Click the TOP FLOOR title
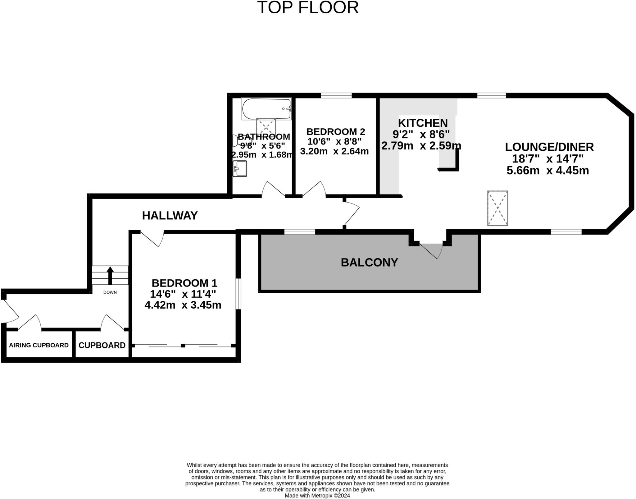point(308,8)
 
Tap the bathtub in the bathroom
point(266,109)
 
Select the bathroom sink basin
point(240,169)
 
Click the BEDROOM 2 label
point(335,132)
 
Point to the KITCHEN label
point(423,123)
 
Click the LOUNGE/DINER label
point(549,147)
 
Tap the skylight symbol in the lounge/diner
point(497,208)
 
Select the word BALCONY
point(369,263)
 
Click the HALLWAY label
point(170,215)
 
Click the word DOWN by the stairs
point(110,292)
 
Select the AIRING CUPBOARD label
point(39,345)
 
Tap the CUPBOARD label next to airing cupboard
point(102,345)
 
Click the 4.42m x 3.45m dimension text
point(183,305)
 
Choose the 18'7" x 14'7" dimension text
point(547,159)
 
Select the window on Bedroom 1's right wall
point(238,294)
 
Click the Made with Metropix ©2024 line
point(317,496)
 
